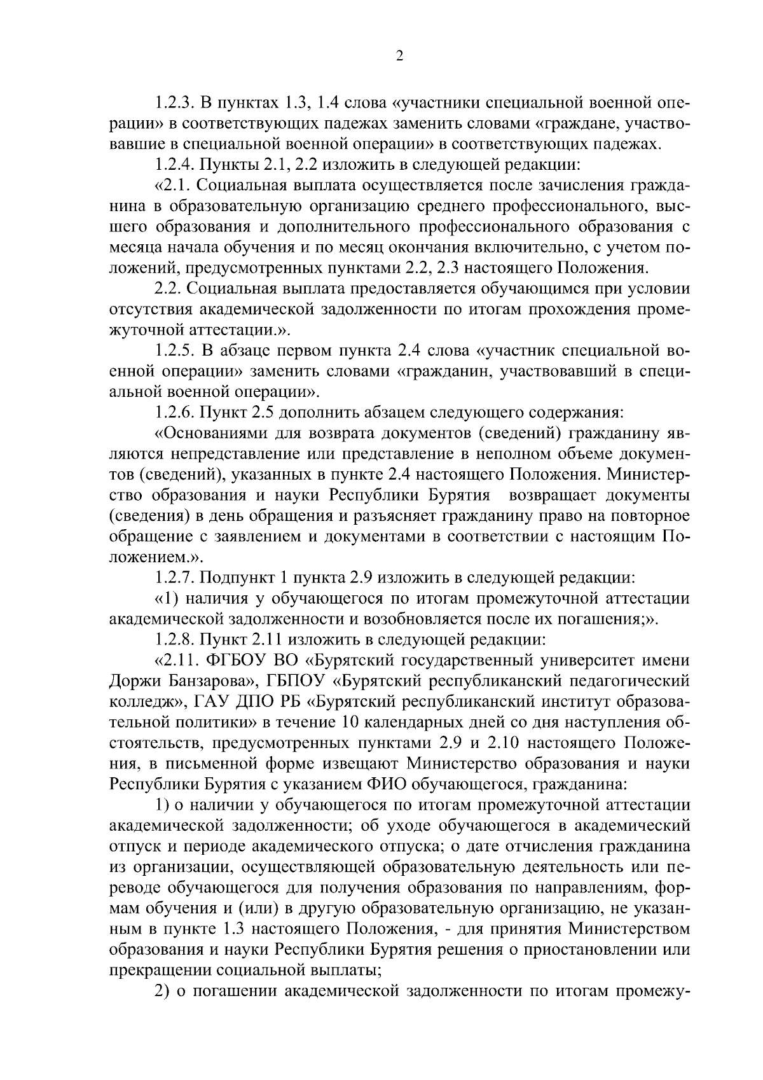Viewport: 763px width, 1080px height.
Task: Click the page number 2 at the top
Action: [x=399, y=57]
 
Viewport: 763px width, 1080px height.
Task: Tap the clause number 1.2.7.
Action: [x=175, y=578]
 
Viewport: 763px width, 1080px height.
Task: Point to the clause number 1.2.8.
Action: [x=175, y=639]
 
